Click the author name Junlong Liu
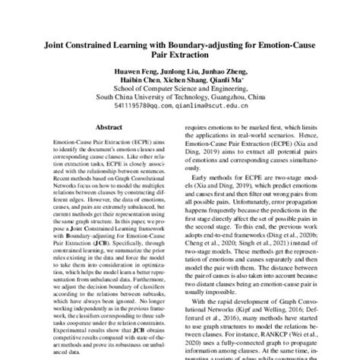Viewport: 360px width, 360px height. (x=169, y=73)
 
